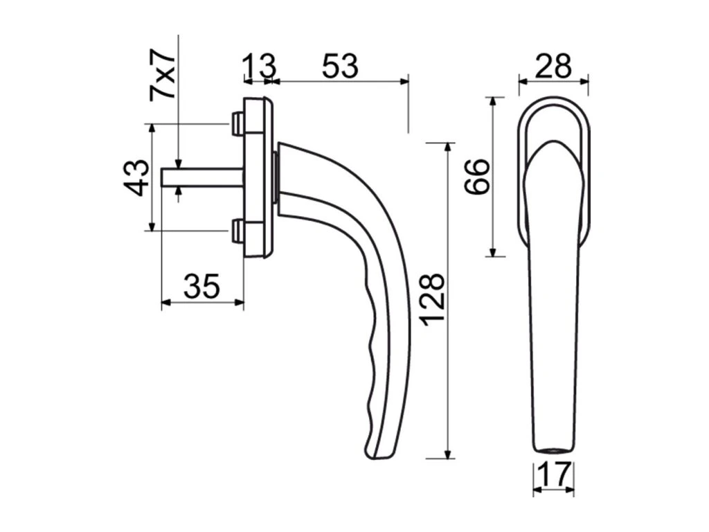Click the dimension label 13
pyautogui.click(x=259, y=66)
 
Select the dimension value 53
pyautogui.click(x=340, y=66)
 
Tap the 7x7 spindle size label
pyautogui.click(x=162, y=73)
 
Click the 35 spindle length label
pyautogui.click(x=202, y=285)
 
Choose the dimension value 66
pyautogui.click(x=478, y=176)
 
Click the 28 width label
pyautogui.click(x=553, y=66)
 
